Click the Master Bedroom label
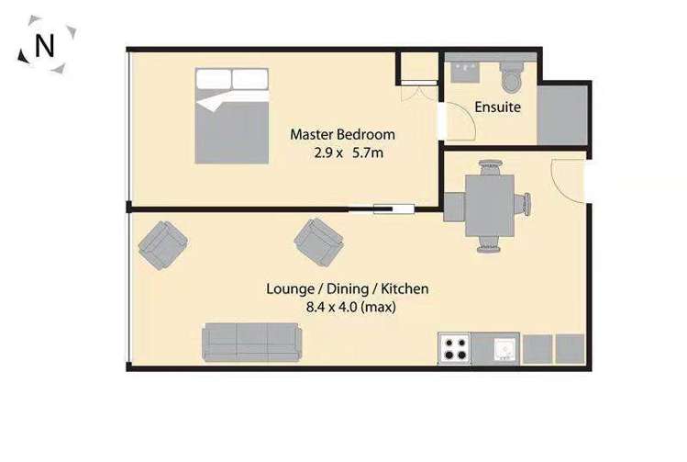click(x=342, y=134)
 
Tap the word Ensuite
click(x=497, y=107)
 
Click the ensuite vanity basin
click(x=470, y=69)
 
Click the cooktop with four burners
click(x=455, y=348)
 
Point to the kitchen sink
click(x=504, y=348)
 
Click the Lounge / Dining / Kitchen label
click(x=348, y=289)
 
